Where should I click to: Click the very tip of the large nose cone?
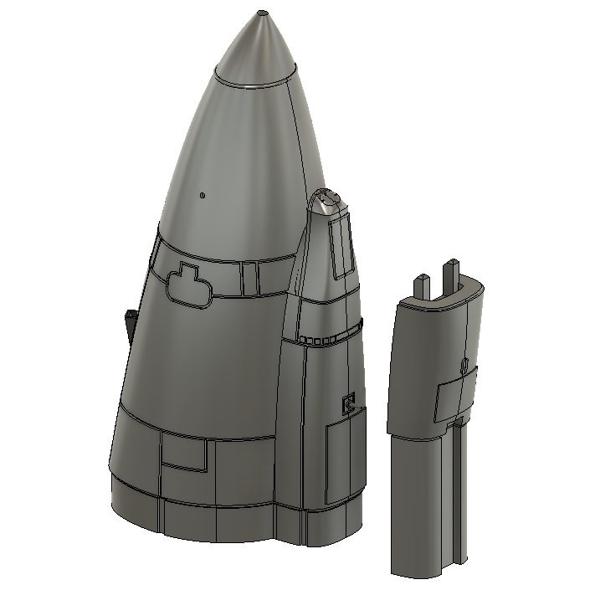click(263, 13)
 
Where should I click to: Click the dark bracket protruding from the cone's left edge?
click(130, 325)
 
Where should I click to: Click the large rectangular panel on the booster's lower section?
click(342, 460)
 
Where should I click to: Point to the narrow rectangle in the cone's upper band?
click(248, 278)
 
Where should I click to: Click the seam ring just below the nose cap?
click(255, 85)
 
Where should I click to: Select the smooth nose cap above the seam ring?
click(260, 50)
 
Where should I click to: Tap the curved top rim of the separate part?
click(444, 300)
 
